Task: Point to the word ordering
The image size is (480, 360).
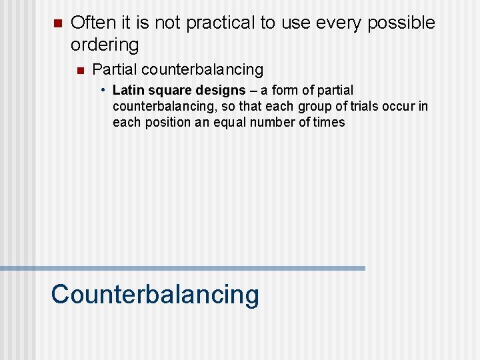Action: (x=105, y=45)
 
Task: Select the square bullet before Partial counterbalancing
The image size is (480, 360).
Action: (x=79, y=70)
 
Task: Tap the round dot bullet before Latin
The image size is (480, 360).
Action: (x=104, y=90)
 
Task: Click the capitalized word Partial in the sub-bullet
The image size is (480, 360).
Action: (x=115, y=69)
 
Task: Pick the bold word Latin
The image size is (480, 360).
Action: (x=129, y=90)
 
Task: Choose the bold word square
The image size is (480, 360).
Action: (x=167, y=91)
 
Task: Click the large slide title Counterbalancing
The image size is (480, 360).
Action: (x=155, y=295)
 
